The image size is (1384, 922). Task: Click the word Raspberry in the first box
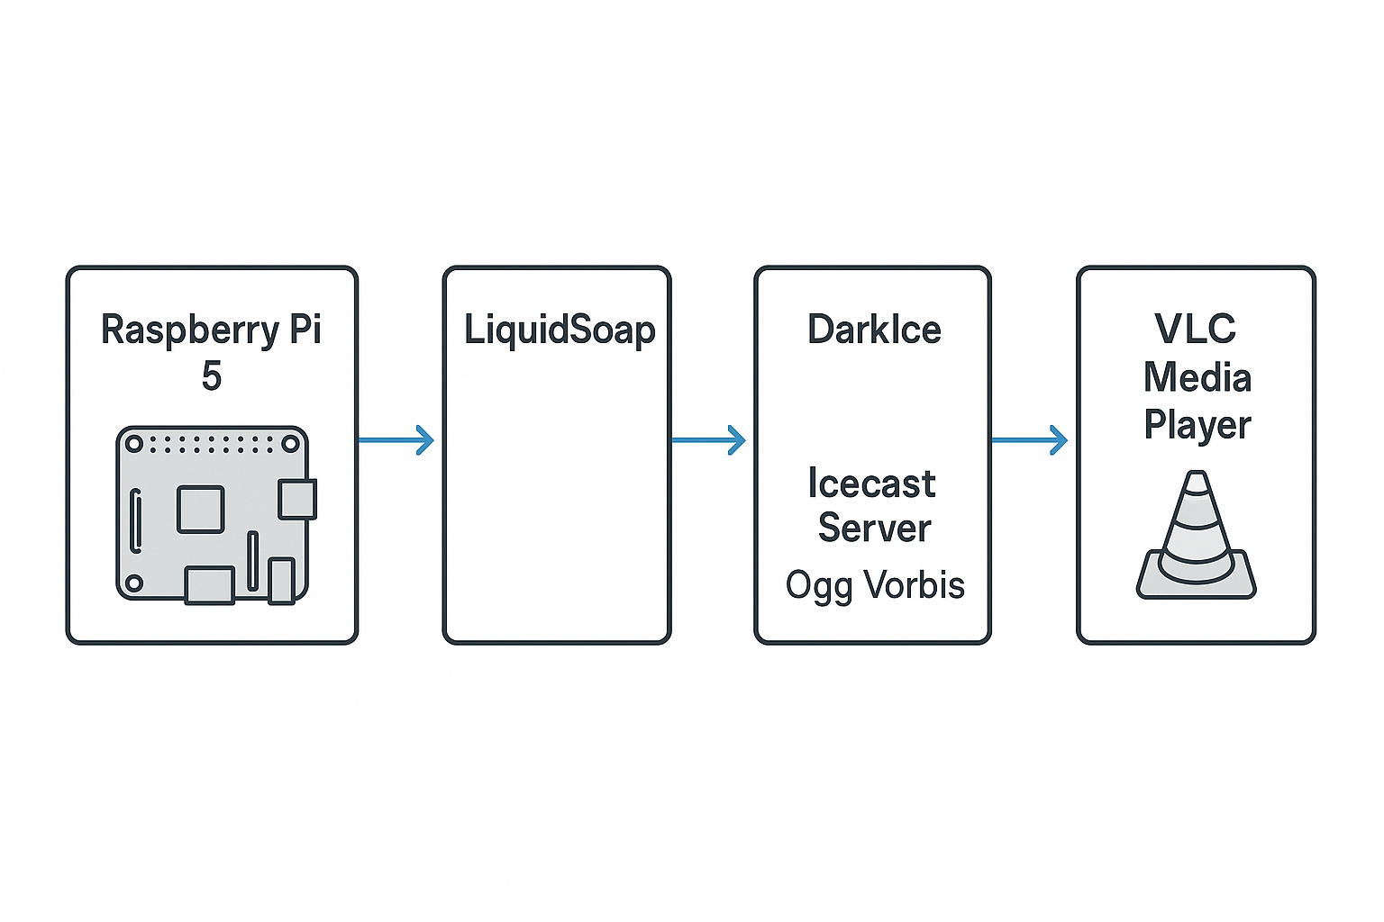(x=190, y=330)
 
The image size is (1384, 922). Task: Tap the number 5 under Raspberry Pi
(x=212, y=375)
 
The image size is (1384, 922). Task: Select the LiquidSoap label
(x=560, y=330)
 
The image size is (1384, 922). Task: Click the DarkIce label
(x=874, y=330)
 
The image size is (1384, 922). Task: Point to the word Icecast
(x=871, y=484)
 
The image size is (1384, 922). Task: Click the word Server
(x=874, y=528)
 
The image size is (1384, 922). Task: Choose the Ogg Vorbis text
(x=875, y=585)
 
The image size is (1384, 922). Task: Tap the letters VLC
(x=1196, y=329)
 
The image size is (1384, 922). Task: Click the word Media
(x=1197, y=377)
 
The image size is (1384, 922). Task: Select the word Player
(x=1197, y=425)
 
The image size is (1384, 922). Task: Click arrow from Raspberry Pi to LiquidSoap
(x=396, y=440)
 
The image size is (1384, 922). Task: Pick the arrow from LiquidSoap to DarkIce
(x=709, y=440)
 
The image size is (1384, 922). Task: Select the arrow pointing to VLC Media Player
(x=1030, y=440)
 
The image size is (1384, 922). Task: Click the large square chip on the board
(x=200, y=509)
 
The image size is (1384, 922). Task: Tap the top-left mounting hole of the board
(x=134, y=444)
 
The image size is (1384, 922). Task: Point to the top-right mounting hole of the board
(x=290, y=444)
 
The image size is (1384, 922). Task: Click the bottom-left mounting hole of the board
(x=134, y=583)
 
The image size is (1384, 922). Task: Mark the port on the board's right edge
(x=296, y=500)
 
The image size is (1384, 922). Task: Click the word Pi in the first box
(x=305, y=330)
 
